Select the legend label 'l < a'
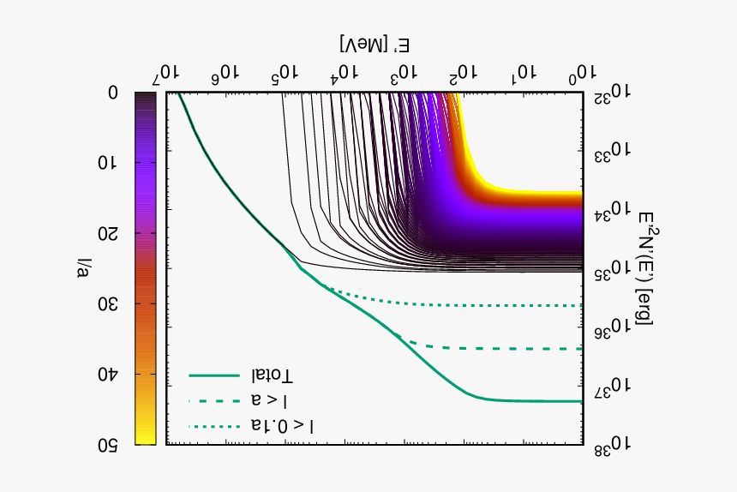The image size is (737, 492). tap(270, 401)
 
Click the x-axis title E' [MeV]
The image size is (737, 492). tap(374, 45)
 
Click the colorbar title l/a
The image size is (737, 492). tap(83, 268)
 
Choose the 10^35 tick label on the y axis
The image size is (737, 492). tap(610, 270)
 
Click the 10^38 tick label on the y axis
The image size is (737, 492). tap(610, 444)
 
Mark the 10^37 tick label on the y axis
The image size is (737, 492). tap(610, 387)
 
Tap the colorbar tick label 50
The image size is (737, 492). tap(108, 445)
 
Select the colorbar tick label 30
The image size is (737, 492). tap(108, 304)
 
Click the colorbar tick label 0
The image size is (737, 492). tap(113, 93)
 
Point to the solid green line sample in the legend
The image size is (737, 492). tap(214, 376)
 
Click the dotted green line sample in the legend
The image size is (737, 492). tap(214, 426)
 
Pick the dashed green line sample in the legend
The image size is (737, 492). tap(214, 401)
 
